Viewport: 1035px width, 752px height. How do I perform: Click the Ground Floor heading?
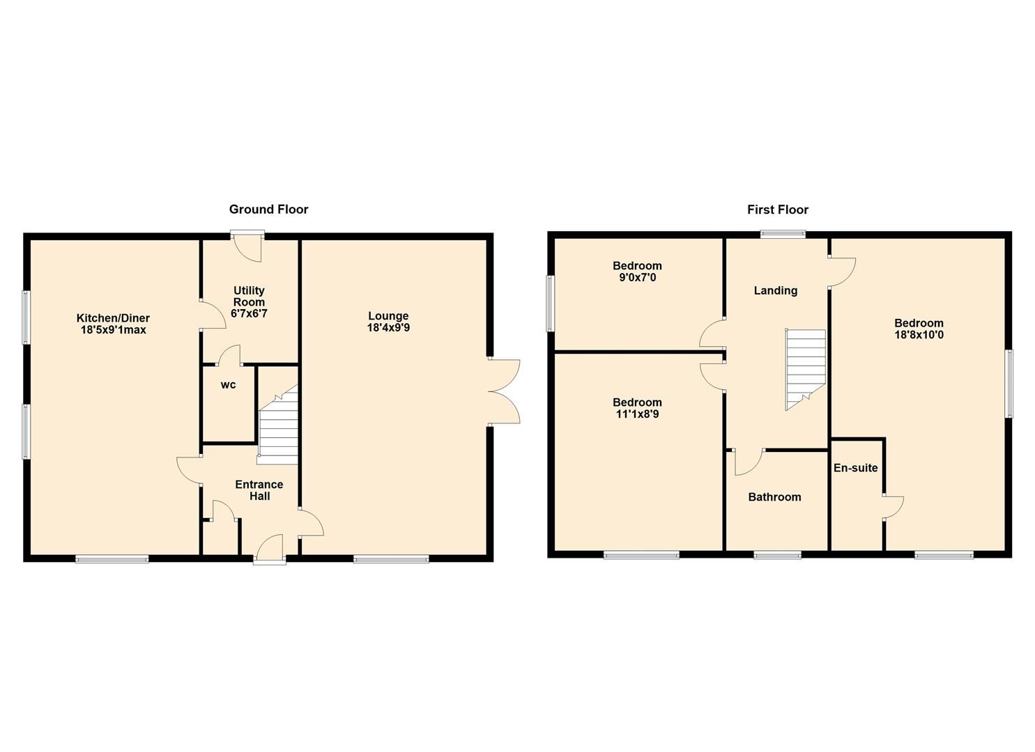(268, 209)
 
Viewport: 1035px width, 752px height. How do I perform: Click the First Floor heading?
(777, 209)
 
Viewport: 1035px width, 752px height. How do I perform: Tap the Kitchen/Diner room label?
(113, 318)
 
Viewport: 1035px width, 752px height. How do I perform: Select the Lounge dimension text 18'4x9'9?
(388, 327)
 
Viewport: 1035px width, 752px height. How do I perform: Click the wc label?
(228, 385)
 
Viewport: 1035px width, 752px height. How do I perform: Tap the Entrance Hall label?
(259, 490)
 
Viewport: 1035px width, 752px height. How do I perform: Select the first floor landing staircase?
(805, 369)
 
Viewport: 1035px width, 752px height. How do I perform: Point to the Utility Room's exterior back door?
(247, 248)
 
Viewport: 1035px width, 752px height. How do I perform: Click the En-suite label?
(855, 468)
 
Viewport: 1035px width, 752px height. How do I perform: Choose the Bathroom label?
(774, 497)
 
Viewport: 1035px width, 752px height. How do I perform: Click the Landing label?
(775, 290)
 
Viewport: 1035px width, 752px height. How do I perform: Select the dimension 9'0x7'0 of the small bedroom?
(637, 278)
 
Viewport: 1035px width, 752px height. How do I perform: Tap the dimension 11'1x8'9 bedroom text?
(637, 414)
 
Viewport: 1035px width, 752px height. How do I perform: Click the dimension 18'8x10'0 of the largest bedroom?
(919, 335)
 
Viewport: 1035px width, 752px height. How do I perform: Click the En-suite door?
(893, 506)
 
